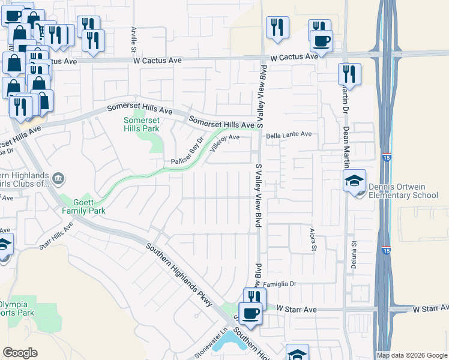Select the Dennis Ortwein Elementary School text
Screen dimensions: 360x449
403,191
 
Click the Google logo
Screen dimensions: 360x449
20,353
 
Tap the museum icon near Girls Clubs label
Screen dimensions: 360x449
58,178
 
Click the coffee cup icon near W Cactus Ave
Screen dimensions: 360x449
322,40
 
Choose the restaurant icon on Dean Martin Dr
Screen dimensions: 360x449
349,74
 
